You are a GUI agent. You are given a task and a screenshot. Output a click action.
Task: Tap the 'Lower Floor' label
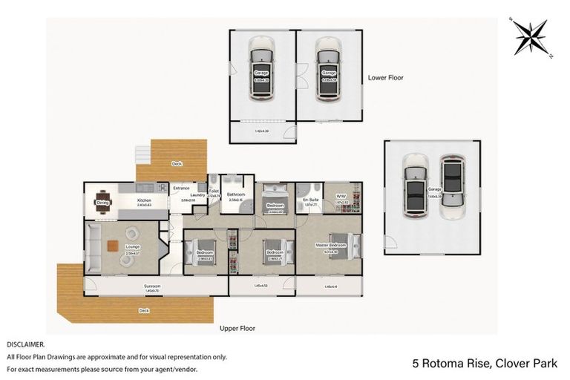tap(385, 77)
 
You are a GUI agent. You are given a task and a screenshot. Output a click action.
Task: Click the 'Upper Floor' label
tap(237, 327)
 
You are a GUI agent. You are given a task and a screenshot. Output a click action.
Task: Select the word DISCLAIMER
tap(26, 345)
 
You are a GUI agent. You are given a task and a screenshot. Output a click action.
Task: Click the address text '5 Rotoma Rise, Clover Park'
tap(485, 363)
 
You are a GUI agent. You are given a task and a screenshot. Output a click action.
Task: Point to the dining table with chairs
tap(103, 202)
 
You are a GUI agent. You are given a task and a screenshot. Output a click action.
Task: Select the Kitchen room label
tap(144, 200)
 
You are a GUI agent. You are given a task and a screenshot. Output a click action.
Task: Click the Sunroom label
tap(153, 285)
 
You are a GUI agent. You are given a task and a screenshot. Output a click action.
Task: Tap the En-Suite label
tap(310, 200)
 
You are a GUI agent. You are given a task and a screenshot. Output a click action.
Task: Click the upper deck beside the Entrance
tap(177, 160)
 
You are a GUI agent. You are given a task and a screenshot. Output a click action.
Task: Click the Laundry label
tap(197, 195)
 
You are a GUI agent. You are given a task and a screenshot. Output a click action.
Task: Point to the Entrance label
tap(181, 189)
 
